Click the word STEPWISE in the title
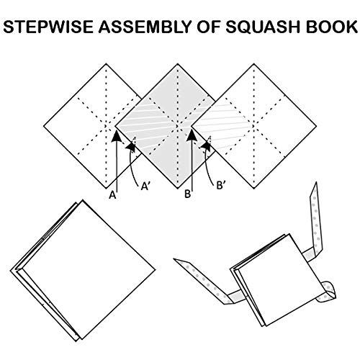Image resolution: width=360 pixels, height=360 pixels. point(48,27)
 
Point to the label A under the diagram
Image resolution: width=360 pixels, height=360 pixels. point(112,195)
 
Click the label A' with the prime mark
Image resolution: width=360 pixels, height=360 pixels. point(145,186)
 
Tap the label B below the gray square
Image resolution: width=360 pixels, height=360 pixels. point(187,194)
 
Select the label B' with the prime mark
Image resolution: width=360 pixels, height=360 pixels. point(221,185)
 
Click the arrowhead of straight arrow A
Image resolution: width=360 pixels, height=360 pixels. point(117,136)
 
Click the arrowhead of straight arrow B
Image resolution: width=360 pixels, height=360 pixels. point(192,135)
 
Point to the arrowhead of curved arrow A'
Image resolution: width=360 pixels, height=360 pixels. point(131,146)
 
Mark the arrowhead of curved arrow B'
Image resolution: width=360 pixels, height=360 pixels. point(207,146)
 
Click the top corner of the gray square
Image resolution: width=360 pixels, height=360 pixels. point(178,64)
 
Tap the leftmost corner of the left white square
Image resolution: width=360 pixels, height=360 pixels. point(44,126)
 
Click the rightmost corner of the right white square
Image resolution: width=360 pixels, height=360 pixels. point(316,126)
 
